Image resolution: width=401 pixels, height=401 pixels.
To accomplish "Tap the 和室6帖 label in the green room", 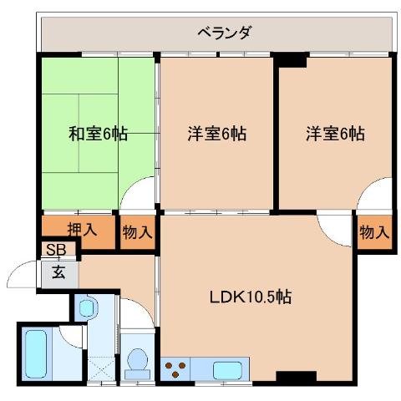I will pos(98,133).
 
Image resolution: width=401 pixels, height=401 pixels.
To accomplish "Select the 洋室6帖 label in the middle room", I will pos(216,133).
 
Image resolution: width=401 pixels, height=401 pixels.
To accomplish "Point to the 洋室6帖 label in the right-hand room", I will pos(334,133).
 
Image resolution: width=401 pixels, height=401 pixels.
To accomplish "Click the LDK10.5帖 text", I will pos(251,297).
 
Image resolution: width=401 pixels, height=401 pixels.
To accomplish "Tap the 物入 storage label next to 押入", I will pos(137,233).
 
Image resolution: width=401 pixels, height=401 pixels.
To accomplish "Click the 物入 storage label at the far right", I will pos(373,233).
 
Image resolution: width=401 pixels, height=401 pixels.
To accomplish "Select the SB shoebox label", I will pos(57,250).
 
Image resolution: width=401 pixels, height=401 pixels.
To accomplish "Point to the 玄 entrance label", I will pos(58,272).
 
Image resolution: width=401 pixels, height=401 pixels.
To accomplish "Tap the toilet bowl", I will pos(136,363).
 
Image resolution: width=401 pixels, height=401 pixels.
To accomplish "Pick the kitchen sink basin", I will pos(228,368).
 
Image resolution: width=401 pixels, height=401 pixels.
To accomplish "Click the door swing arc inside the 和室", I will pos(135,195).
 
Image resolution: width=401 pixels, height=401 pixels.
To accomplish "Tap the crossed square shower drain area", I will pos(101,368).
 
